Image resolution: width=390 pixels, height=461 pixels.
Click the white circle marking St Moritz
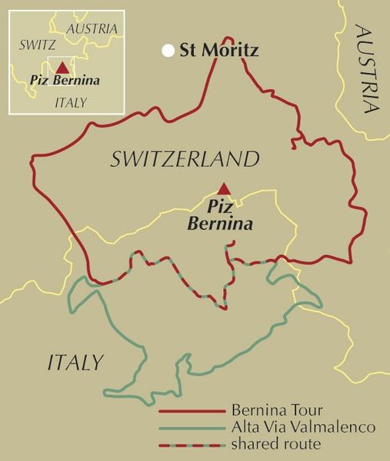pyautogui.click(x=168, y=51)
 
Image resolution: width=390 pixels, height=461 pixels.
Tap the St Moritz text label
pyautogui.click(x=218, y=51)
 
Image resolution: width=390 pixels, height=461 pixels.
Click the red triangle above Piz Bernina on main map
pyautogui.click(x=223, y=188)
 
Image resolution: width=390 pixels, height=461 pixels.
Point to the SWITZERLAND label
pyautogui.click(x=183, y=160)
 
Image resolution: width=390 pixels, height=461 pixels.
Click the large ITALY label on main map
pyautogui.click(x=75, y=361)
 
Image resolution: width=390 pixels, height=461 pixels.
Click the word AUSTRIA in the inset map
pyautogui.click(x=92, y=28)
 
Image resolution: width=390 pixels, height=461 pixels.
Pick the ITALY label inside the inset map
pyautogui.click(x=70, y=102)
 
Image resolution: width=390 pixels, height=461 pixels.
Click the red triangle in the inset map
pyautogui.click(x=62, y=68)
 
